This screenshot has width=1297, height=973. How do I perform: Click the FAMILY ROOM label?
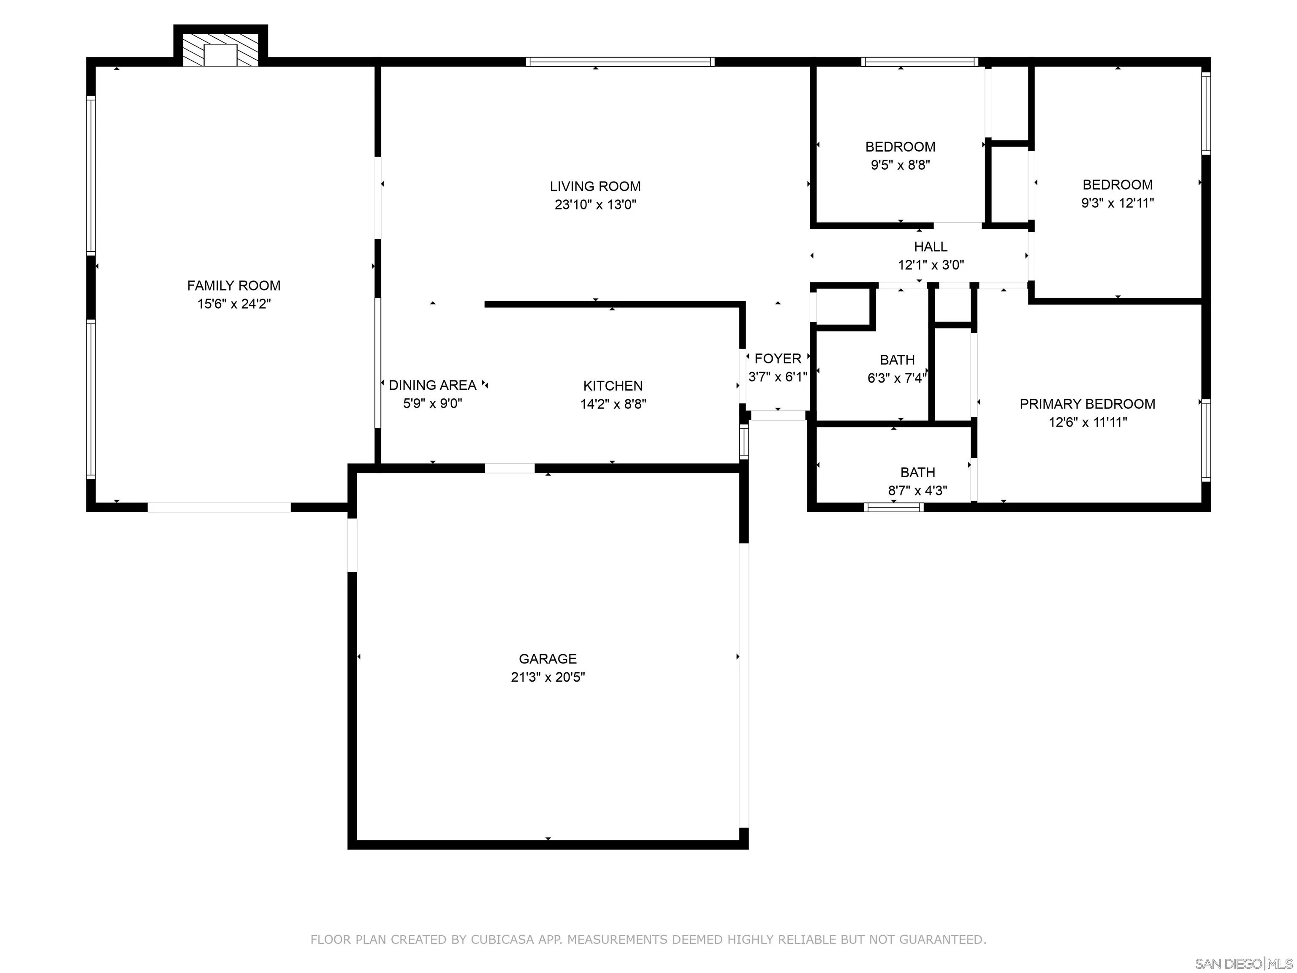click(x=233, y=285)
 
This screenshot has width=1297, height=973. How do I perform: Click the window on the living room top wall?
click(x=620, y=62)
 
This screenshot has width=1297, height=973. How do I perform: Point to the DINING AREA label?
click(x=432, y=385)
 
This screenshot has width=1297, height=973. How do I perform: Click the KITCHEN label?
click(x=613, y=386)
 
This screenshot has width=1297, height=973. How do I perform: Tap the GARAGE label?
click(x=548, y=659)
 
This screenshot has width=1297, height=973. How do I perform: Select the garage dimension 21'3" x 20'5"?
click(x=548, y=677)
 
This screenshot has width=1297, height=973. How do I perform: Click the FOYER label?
click(x=778, y=359)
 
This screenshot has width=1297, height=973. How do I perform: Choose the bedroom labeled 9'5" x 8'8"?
click(x=900, y=147)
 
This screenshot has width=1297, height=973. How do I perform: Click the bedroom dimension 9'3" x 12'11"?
click(x=1118, y=203)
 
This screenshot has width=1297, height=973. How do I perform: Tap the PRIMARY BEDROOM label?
click(x=1087, y=404)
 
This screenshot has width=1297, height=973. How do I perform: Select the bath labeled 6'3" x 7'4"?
click(x=897, y=360)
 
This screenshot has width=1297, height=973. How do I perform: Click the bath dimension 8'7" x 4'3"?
click(x=917, y=491)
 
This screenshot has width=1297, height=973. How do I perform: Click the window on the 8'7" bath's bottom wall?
click(x=894, y=507)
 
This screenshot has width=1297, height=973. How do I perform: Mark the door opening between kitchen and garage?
click(x=510, y=468)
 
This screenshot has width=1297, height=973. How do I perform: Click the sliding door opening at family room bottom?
click(x=219, y=507)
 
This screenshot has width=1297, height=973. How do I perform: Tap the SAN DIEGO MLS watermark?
click(x=1243, y=964)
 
